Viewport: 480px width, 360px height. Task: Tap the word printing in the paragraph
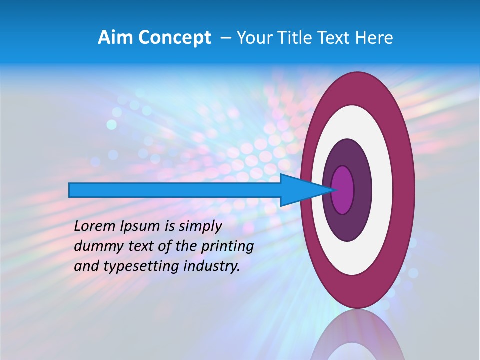tap(227, 246)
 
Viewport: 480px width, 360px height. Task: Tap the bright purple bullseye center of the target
tap(343, 190)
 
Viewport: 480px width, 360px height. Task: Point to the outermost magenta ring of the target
tap(405, 190)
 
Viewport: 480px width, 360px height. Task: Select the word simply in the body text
tap(199, 226)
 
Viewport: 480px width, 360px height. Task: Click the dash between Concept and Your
tap(225, 38)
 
